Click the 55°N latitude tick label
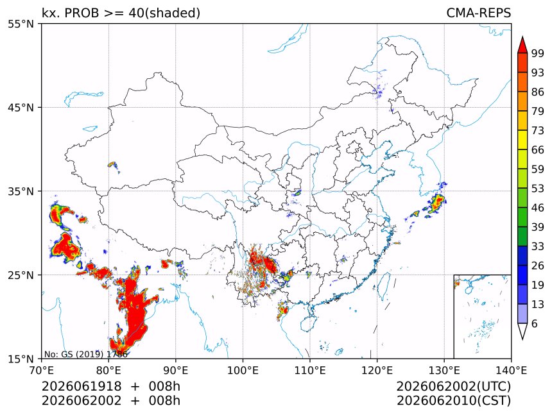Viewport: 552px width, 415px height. pyautogui.click(x=21, y=24)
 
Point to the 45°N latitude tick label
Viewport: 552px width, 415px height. pyautogui.click(x=21, y=108)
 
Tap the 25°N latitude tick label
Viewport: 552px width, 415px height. pyautogui.click(x=21, y=275)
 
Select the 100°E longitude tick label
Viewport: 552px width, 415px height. pyautogui.click(x=243, y=370)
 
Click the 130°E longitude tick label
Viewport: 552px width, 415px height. pyautogui.click(x=444, y=370)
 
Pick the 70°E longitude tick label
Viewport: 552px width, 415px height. pyautogui.click(x=42, y=370)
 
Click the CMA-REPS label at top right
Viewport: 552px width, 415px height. pyautogui.click(x=478, y=13)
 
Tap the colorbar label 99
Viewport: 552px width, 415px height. pyautogui.click(x=538, y=53)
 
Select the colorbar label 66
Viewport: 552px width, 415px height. pyautogui.click(x=538, y=150)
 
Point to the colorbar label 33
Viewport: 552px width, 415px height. pyautogui.click(x=538, y=246)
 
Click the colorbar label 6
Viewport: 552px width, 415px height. pyautogui.click(x=535, y=323)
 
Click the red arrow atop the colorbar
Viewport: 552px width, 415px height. pyautogui.click(x=522, y=45)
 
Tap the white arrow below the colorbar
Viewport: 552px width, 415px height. pyautogui.click(x=522, y=332)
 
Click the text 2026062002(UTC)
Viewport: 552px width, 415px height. pyautogui.click(x=453, y=386)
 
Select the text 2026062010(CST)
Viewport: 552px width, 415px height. pyautogui.click(x=453, y=401)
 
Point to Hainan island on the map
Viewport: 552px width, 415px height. pyautogui.click(x=309, y=323)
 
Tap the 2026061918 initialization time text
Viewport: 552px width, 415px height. pyautogui.click(x=82, y=386)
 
